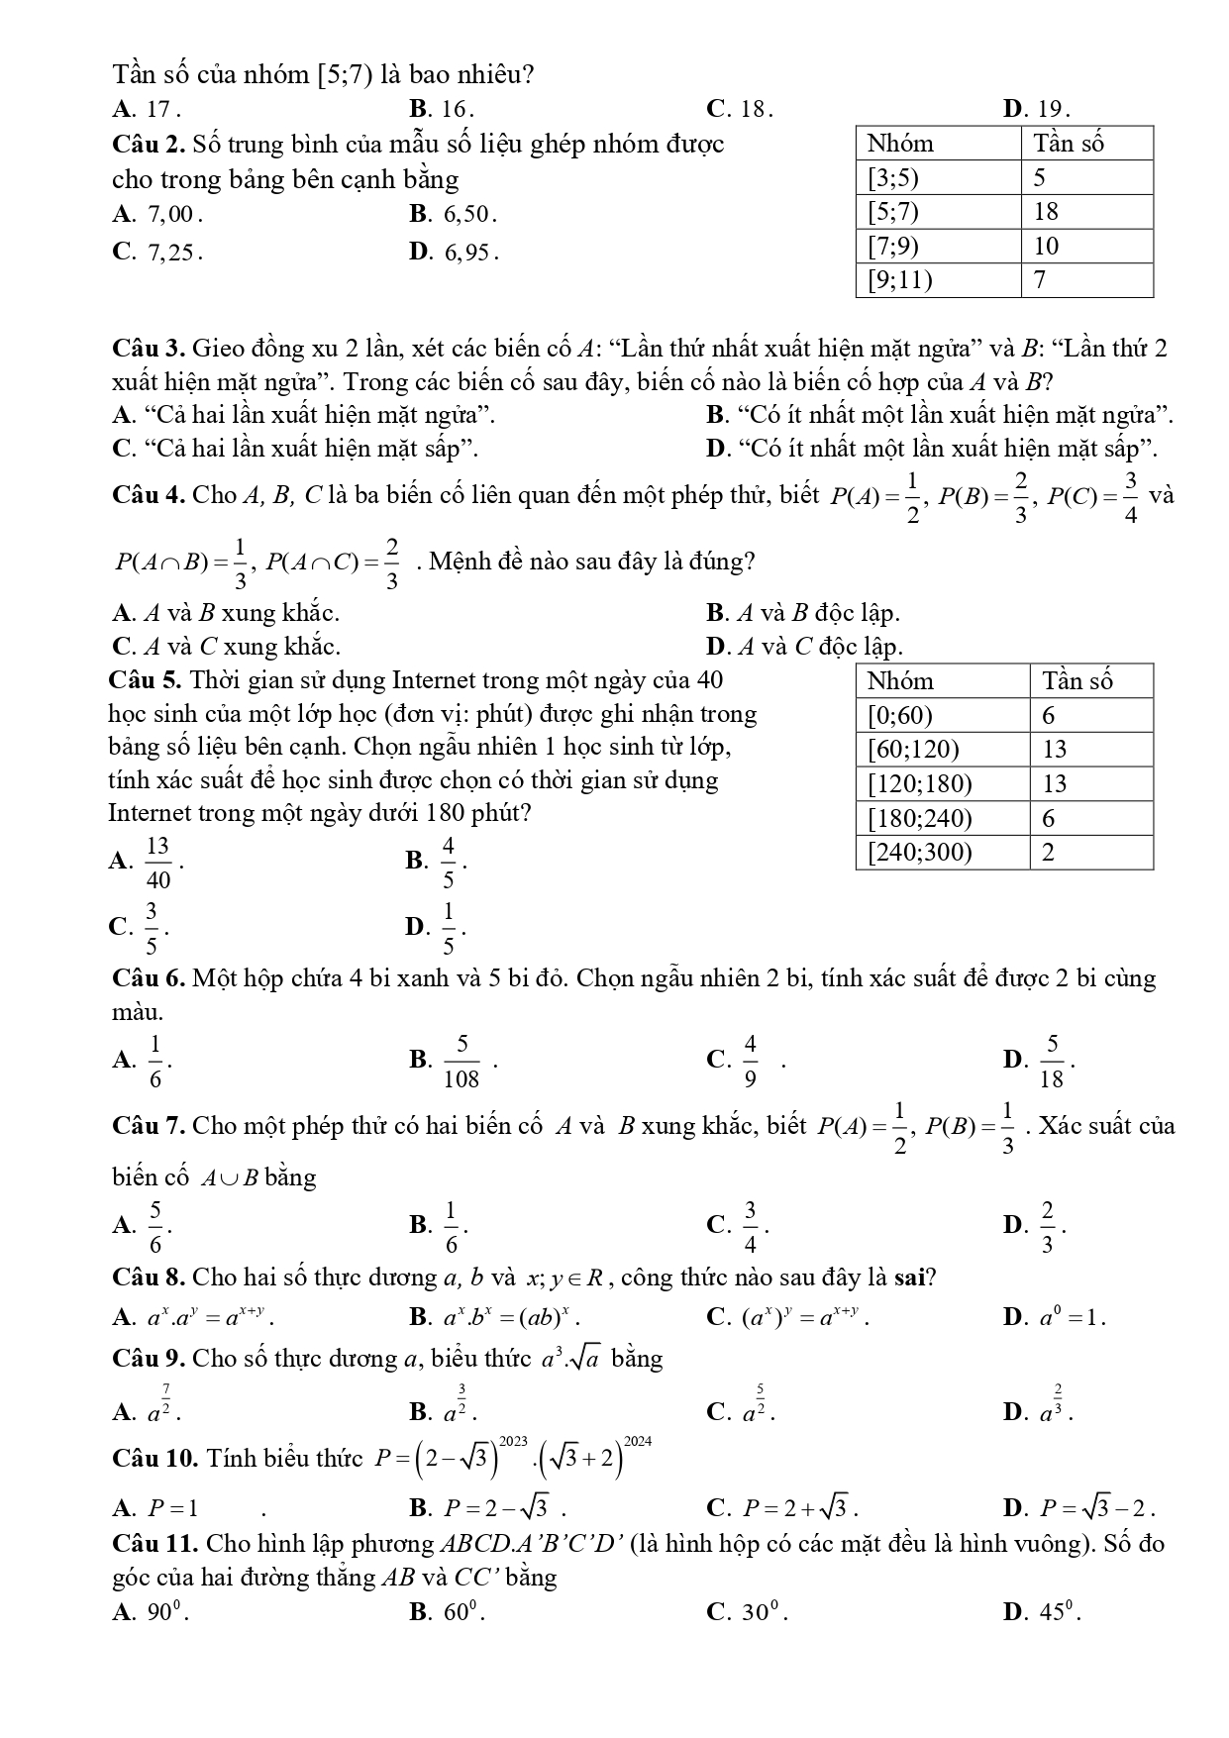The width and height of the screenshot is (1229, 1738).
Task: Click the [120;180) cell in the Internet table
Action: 920,784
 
